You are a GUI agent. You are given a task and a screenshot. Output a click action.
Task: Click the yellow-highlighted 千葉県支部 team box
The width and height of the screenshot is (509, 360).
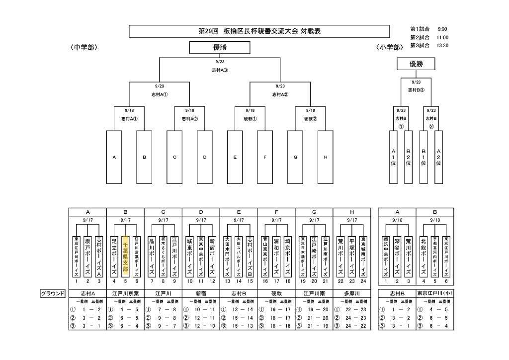coord(125,257)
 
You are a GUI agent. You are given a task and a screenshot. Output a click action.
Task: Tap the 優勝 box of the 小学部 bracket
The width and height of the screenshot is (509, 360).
coord(416,64)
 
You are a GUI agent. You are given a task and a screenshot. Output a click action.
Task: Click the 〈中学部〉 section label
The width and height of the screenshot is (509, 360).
coord(84,48)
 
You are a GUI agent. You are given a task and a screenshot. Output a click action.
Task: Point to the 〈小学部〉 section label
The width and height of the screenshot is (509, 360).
coord(389,48)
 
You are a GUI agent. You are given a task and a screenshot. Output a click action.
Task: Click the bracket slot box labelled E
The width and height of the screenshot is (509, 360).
coord(235,157)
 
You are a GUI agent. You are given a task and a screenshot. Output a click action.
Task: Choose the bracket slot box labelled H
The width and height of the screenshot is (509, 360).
coord(325,157)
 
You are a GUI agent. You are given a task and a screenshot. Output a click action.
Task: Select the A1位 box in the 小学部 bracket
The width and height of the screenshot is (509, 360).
coord(393,157)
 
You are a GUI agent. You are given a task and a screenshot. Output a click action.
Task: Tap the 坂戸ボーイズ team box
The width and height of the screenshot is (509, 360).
coord(87,257)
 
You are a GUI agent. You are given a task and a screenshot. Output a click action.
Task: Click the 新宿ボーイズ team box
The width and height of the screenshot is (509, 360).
coord(212,257)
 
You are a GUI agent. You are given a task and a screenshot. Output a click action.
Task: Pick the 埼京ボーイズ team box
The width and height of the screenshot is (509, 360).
coord(287,257)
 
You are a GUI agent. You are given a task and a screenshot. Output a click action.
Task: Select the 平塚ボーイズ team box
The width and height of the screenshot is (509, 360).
coord(352,257)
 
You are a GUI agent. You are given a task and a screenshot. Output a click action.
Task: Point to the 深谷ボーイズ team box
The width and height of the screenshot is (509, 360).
coord(397,257)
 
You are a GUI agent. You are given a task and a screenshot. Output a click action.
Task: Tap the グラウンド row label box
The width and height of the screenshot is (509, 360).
coord(53,293)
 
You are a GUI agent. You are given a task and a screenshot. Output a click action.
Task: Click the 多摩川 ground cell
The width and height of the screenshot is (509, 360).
coord(352,293)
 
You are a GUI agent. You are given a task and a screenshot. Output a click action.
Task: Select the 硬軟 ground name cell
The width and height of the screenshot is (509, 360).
coord(276,293)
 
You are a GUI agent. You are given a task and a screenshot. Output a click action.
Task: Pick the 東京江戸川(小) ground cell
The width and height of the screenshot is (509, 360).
coord(435,293)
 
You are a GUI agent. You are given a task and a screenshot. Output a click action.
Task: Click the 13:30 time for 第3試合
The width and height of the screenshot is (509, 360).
coord(442,45)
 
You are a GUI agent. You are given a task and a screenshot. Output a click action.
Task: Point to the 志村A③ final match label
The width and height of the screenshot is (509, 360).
coord(220,70)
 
